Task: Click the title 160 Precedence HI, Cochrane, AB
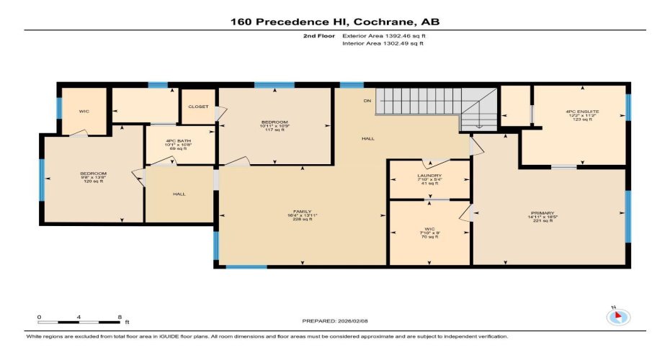coord(334,22)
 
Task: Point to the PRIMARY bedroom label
coord(542,213)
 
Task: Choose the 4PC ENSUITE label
coord(582,112)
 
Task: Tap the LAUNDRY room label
coord(429,176)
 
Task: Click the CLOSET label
coord(198,107)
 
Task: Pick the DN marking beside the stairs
coord(367,101)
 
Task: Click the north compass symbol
coord(618,316)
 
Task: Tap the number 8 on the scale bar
coord(118,317)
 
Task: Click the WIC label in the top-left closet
coord(84,112)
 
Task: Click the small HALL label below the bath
coord(179,194)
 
